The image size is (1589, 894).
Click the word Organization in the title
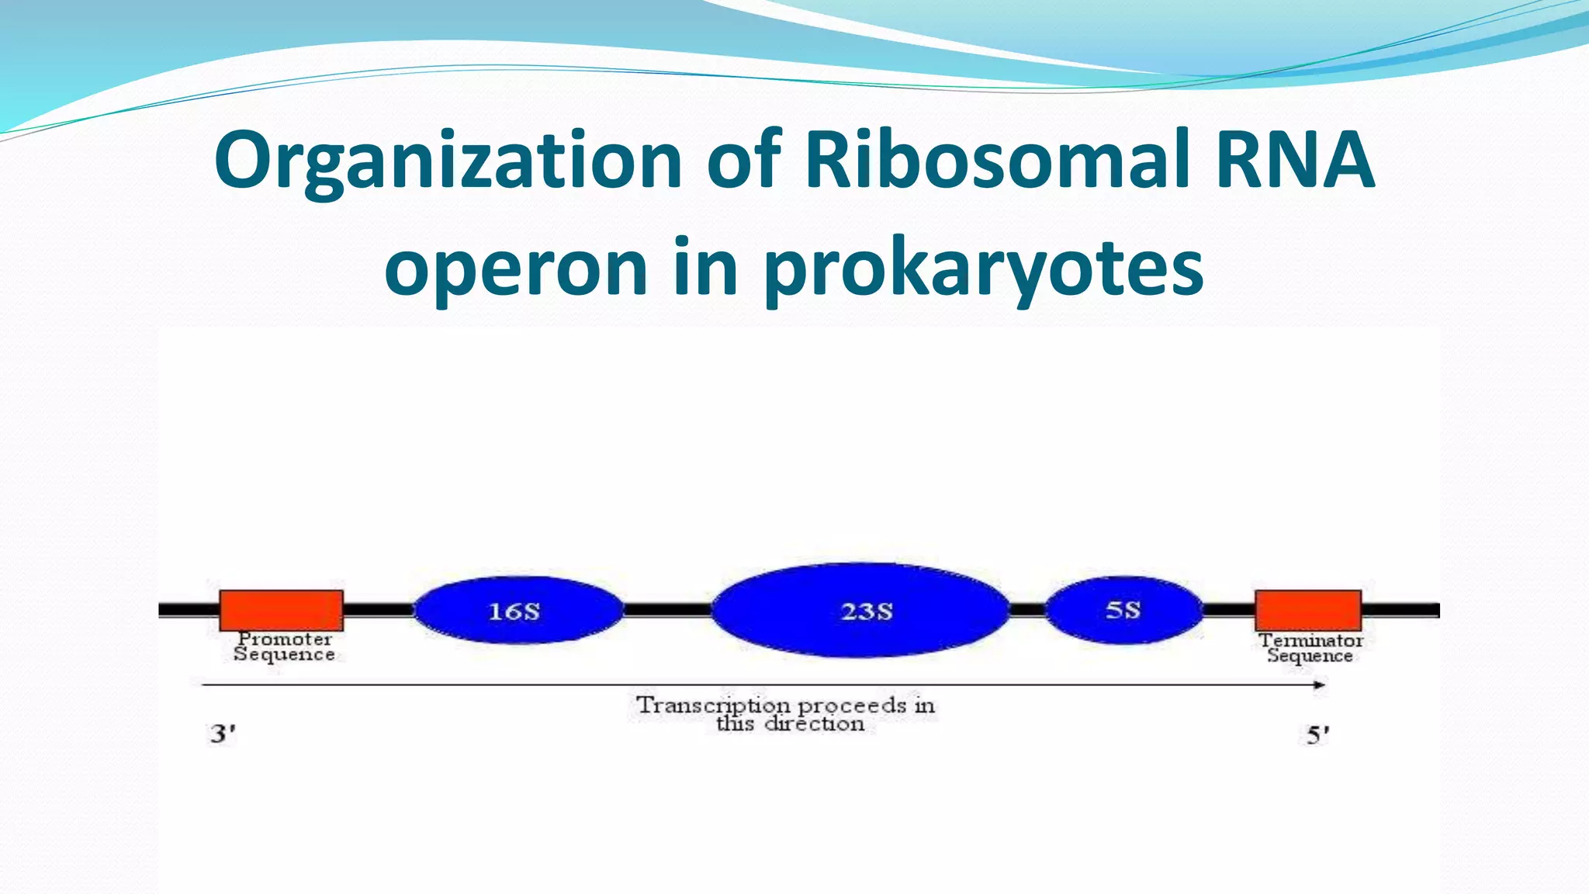pos(448,161)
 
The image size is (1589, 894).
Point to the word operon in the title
pos(516,269)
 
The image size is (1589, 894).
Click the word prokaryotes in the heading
pos(984,269)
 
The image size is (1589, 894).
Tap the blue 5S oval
pos(1123,610)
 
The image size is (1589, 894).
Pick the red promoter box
pos(281,610)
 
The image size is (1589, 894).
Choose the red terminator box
pos(1308,610)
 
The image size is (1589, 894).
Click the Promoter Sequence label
pos(285,646)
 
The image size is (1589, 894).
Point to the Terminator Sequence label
pos(1310,648)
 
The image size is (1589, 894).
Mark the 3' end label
pos(223,733)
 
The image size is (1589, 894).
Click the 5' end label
pos(1317,734)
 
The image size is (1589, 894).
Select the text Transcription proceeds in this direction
pos(786,714)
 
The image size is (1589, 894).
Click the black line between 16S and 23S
pos(667,610)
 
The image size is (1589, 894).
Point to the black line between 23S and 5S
pos(1027,610)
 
